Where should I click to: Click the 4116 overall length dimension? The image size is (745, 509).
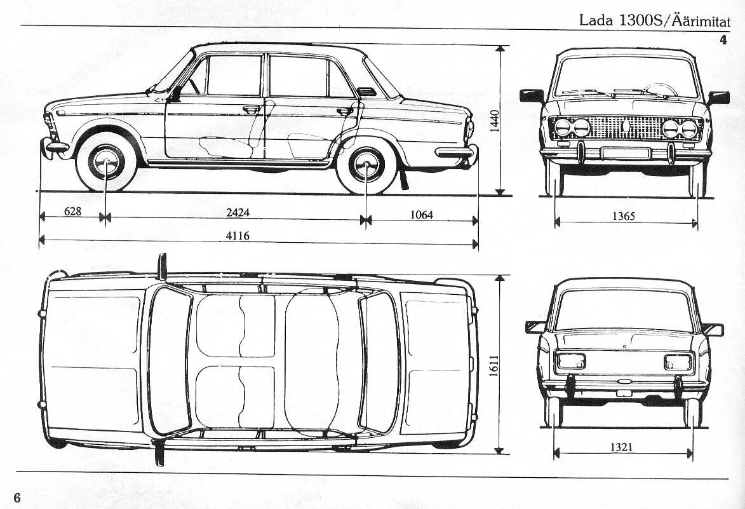tap(238, 236)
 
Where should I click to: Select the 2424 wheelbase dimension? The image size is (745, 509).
tap(238, 213)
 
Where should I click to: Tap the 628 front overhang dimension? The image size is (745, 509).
tap(72, 211)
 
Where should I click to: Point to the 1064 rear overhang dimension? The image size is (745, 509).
tap(421, 215)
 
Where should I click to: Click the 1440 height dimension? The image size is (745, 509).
tap(495, 121)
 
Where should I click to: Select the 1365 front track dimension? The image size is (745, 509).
tap(624, 216)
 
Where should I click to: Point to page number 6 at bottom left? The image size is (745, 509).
tap(17, 498)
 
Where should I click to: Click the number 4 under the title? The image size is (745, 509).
tap(723, 40)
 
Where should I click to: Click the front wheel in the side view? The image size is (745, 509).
tap(106, 162)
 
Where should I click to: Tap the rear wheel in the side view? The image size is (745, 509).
tap(366, 165)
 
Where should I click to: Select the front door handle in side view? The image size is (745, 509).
tap(252, 109)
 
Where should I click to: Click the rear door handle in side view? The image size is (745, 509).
tap(345, 111)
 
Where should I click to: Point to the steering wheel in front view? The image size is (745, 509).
tap(661, 90)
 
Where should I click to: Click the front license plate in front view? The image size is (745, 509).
tap(626, 153)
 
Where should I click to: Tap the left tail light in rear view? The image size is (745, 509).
tap(571, 362)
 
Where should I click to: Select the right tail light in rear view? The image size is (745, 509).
tap(678, 362)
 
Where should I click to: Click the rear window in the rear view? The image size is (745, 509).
tap(624, 310)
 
